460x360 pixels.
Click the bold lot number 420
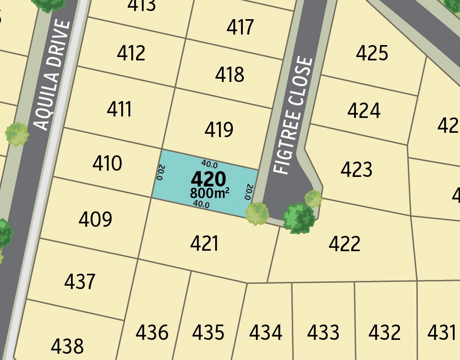(208, 179)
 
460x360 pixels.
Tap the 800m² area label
(209, 193)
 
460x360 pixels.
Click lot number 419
(219, 129)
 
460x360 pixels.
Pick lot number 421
(205, 244)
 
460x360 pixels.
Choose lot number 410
(107, 164)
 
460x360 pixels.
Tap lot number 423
(356, 169)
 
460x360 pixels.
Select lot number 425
(372, 53)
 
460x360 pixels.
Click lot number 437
(80, 281)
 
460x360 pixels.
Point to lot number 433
(323, 332)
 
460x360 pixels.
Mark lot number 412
(131, 53)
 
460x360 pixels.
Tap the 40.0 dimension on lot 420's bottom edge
(201, 204)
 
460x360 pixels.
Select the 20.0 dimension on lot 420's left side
(160, 172)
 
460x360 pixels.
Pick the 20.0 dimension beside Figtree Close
(248, 191)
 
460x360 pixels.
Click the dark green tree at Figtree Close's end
(299, 219)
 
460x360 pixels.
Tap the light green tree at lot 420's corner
(257, 213)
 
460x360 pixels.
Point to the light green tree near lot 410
(17, 134)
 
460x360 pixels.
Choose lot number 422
(345, 244)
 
